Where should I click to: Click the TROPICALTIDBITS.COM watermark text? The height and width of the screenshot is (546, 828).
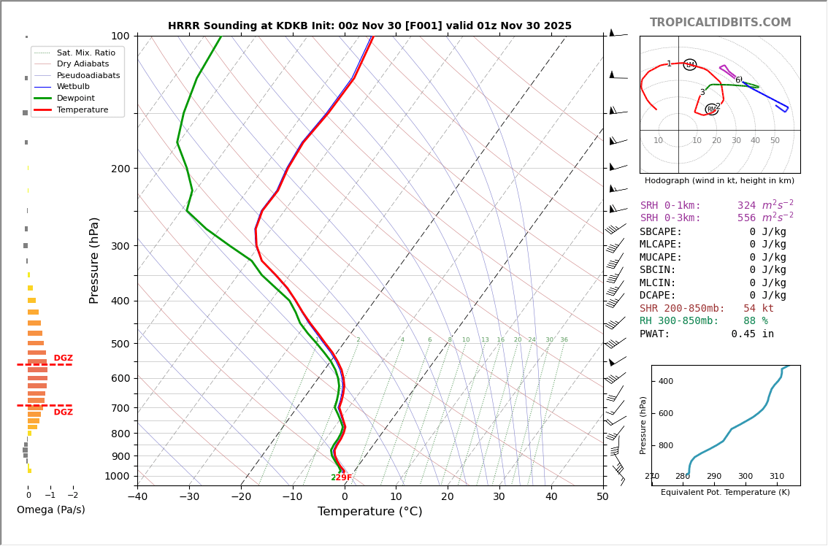tap(720, 23)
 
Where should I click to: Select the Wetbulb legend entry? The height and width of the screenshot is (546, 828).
tap(72, 87)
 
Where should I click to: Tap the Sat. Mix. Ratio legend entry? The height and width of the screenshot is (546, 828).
tap(85, 53)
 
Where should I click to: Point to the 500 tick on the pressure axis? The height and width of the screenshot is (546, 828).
tap(120, 344)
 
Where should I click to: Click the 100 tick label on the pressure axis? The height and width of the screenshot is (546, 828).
tap(120, 36)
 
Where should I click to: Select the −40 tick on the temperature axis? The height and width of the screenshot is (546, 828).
tap(137, 497)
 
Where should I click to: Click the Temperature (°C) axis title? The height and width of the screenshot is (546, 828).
tap(369, 512)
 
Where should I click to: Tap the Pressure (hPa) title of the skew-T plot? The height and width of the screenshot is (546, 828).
tap(95, 260)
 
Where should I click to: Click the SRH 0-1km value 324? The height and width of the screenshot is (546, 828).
tap(746, 206)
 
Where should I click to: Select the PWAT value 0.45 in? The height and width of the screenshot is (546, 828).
tap(752, 334)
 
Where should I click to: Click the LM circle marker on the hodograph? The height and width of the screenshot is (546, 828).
tap(690, 65)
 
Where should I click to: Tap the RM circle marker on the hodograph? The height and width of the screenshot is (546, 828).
tap(711, 109)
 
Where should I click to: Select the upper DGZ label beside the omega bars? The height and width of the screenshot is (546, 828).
tap(64, 358)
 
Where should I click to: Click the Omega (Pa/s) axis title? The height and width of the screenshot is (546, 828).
tap(51, 510)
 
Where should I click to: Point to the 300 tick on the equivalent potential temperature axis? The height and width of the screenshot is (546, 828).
tap(745, 477)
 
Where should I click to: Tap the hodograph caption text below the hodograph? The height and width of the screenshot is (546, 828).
tap(719, 181)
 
